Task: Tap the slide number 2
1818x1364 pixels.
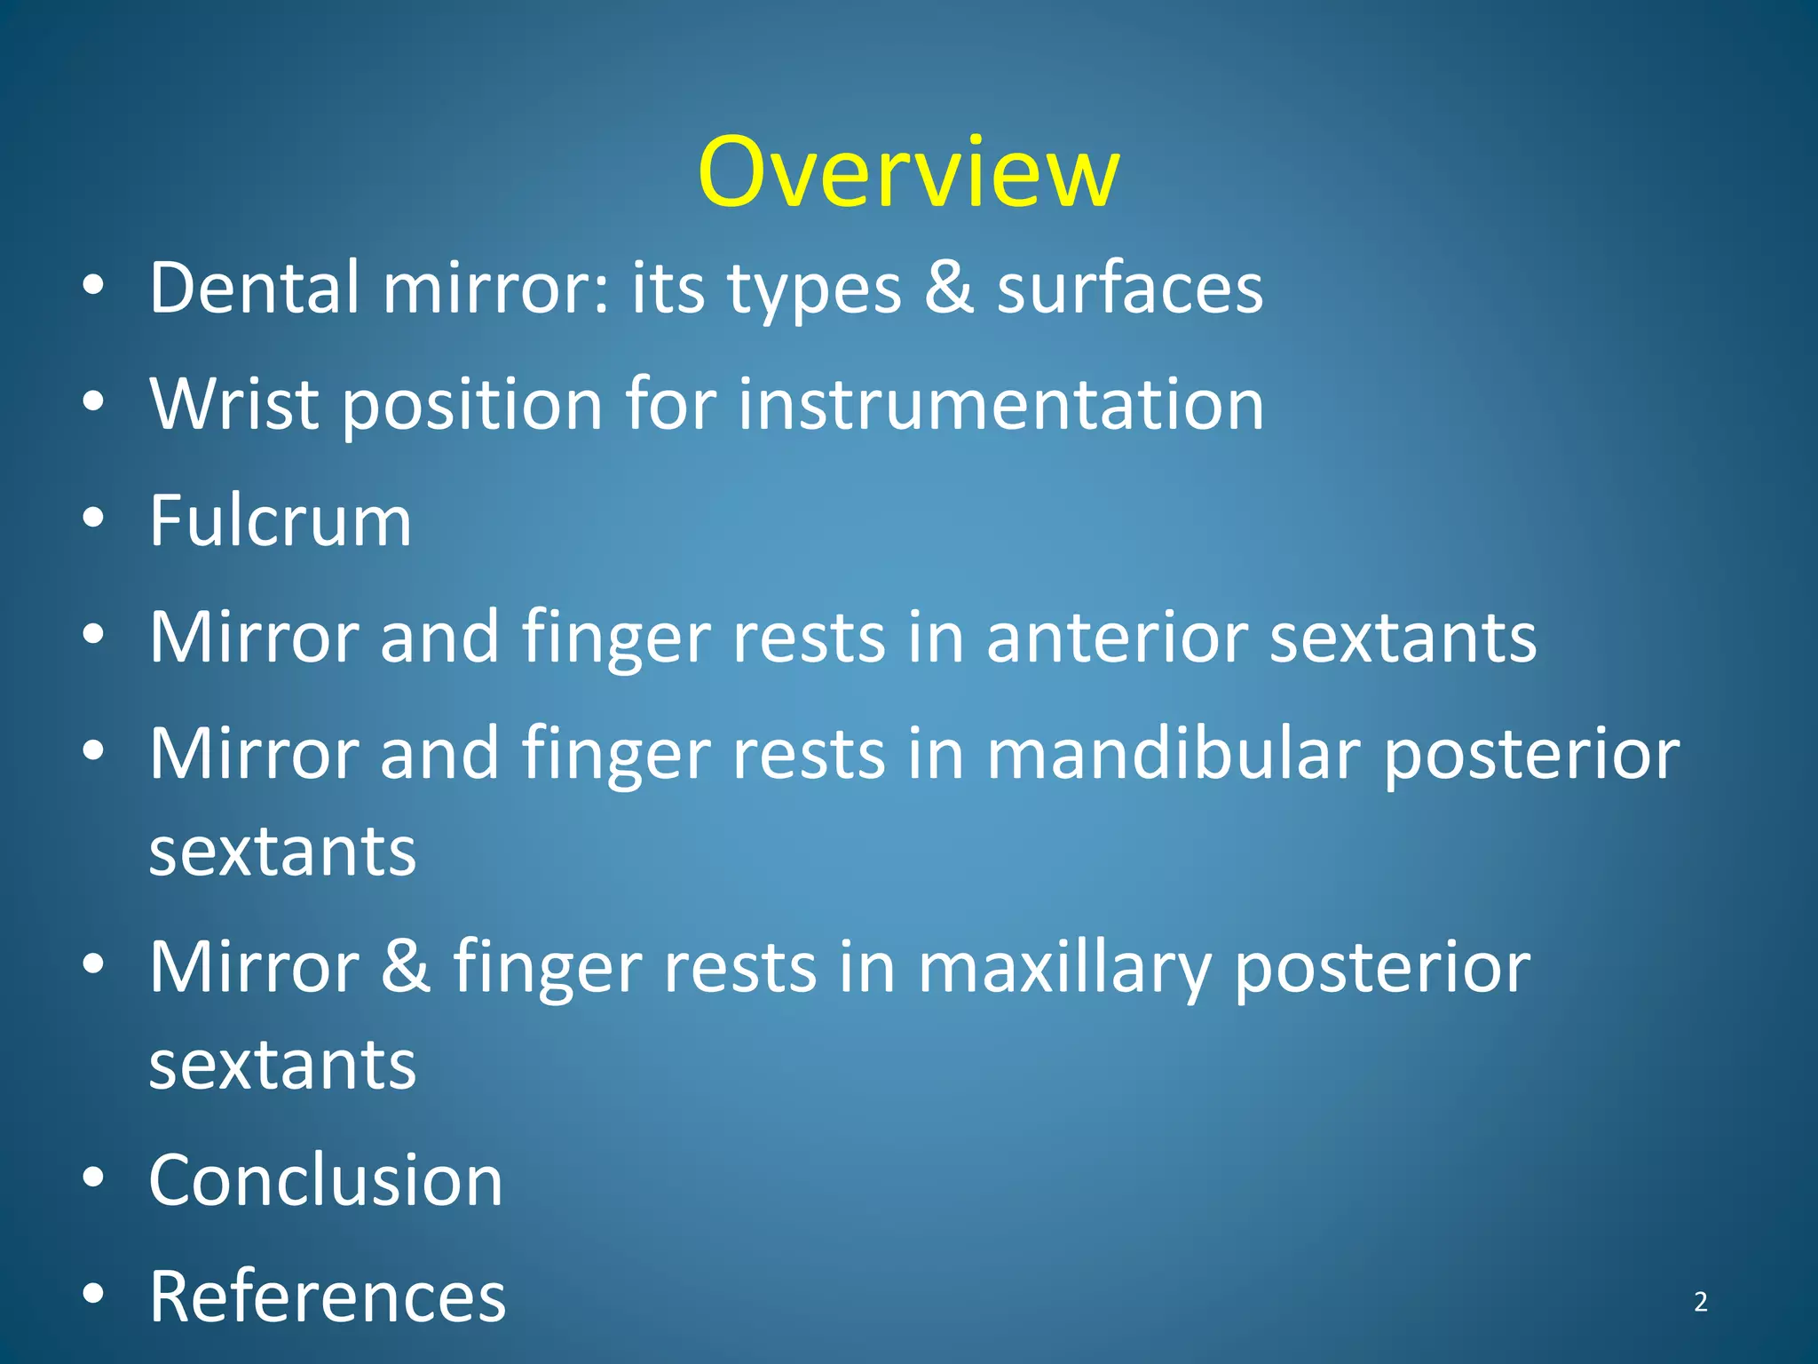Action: (1700, 1302)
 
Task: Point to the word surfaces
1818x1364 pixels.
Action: (1129, 289)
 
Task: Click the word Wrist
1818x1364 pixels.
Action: (233, 404)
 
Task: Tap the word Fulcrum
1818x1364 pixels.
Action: (280, 520)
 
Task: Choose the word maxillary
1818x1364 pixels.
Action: (1063, 969)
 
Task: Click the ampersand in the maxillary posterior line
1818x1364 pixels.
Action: (406, 967)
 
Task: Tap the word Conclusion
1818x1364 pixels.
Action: (326, 1180)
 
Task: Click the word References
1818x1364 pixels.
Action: (327, 1297)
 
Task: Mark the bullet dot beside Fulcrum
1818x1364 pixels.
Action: (93, 518)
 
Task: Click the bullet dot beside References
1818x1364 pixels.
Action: (93, 1295)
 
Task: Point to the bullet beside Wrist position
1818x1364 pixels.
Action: (93, 401)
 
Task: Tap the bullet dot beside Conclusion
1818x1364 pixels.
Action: (93, 1178)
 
